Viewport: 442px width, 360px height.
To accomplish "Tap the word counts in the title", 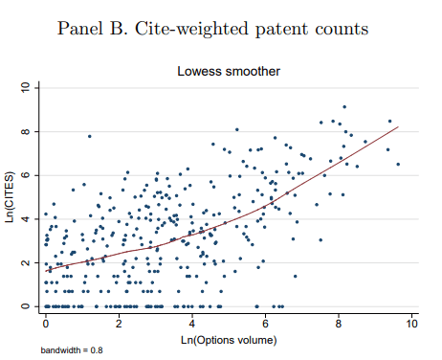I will click(x=337, y=29).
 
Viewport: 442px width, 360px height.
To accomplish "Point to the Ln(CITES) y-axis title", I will click(x=11, y=197).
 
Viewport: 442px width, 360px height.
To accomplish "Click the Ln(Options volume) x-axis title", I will click(x=229, y=339).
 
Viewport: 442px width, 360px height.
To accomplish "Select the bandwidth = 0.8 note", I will click(x=71, y=351).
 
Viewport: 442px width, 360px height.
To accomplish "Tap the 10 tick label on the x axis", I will click(x=411, y=325).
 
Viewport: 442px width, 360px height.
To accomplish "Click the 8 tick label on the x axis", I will click(x=339, y=325).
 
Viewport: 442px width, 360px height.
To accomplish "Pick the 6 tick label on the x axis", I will click(x=265, y=325).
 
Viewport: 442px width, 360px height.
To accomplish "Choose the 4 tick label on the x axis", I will click(x=192, y=325).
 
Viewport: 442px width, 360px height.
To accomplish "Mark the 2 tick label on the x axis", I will click(x=119, y=325).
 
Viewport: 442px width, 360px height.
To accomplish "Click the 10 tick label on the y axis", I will click(x=27, y=88).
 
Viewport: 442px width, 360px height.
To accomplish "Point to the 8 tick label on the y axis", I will click(x=27, y=131).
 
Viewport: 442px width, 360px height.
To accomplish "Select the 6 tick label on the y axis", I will click(x=27, y=175).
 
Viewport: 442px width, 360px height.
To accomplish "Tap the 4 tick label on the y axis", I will click(x=27, y=219).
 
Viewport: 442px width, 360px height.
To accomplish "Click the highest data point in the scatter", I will click(x=344, y=107).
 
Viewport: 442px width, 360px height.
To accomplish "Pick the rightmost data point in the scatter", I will click(x=398, y=165).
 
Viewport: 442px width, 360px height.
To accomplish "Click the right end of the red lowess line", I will click(x=398, y=127).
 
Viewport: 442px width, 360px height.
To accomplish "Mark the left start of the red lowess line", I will click(x=46, y=272).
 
